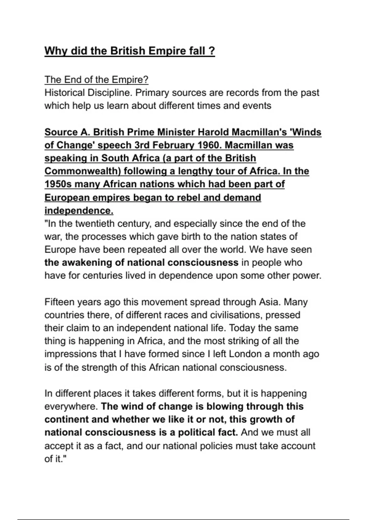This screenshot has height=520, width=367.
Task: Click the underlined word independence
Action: pyautogui.click(x=78, y=211)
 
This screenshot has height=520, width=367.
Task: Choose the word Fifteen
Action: pyautogui.click(x=59, y=302)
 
